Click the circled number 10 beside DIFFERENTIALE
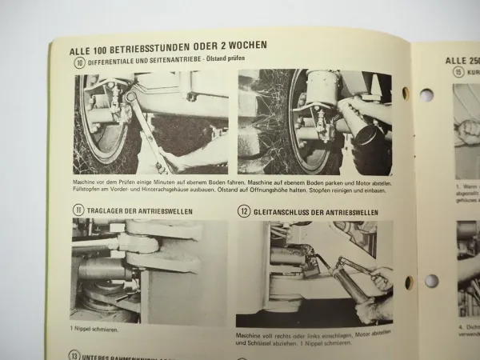coord(78,61)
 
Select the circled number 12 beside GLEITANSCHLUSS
coord(243,211)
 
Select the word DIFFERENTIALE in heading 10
coord(114,60)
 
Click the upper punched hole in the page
coord(426,94)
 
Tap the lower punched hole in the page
coord(431,281)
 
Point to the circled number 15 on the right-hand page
coord(458,71)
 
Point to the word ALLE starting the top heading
coord(82,46)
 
